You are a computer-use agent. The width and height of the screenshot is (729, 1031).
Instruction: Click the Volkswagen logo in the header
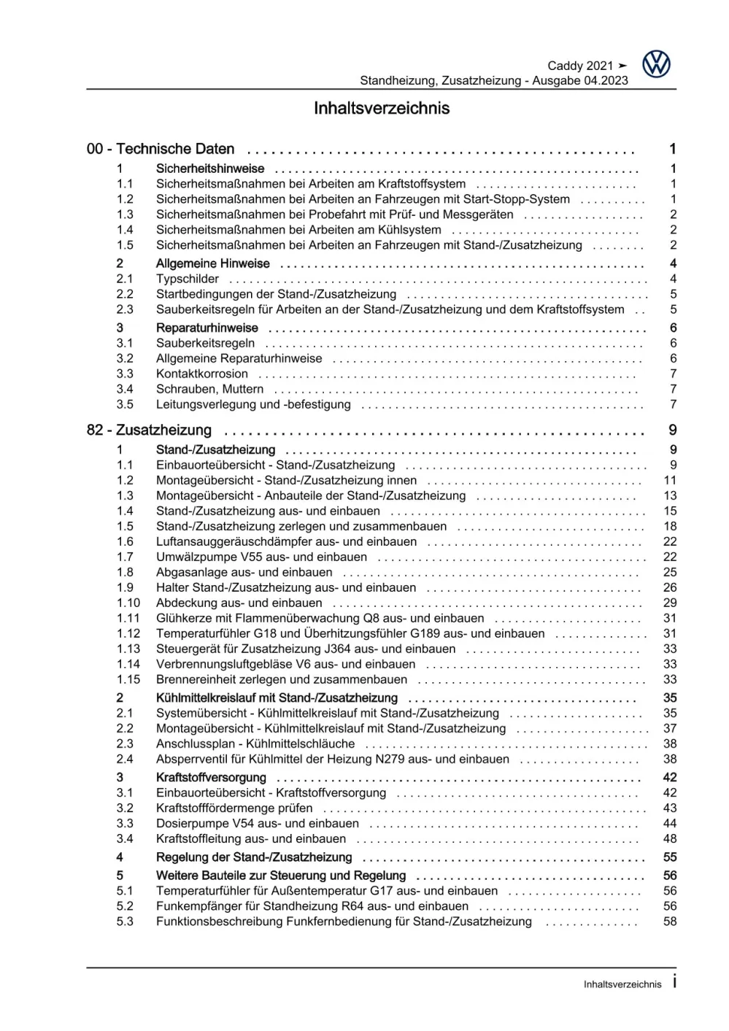(656, 65)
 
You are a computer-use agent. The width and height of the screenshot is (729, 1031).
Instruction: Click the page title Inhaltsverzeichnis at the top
(381, 109)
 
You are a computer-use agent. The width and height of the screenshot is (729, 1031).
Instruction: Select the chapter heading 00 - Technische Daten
(161, 149)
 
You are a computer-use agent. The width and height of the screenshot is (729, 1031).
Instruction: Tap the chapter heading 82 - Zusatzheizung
(149, 430)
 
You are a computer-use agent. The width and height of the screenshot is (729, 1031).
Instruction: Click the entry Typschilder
(188, 279)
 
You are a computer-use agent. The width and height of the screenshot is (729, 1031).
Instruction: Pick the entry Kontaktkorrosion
(202, 374)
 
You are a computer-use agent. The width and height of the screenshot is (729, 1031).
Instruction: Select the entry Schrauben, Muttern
(210, 389)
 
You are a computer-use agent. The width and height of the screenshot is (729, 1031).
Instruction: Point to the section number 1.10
(128, 603)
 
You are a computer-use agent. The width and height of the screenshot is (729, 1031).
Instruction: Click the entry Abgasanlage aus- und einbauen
(244, 572)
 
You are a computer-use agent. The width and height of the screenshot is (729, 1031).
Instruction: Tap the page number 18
(670, 526)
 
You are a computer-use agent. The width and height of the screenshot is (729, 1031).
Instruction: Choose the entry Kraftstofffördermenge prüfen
(234, 808)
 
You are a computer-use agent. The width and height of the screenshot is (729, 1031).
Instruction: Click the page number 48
(670, 838)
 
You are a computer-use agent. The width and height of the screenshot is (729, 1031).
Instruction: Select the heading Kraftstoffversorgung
(211, 777)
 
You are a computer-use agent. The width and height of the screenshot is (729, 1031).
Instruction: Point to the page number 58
(670, 921)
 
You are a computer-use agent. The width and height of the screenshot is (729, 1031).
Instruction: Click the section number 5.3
(125, 921)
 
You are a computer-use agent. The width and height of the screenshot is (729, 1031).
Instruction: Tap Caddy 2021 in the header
(580, 66)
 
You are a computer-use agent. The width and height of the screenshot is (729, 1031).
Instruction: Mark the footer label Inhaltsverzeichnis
(622, 984)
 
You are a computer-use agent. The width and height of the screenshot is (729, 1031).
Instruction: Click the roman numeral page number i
(674, 982)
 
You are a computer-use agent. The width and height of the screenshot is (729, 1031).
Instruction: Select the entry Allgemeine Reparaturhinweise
(239, 358)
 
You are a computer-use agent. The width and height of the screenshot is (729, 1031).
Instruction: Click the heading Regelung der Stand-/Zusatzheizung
(254, 857)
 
